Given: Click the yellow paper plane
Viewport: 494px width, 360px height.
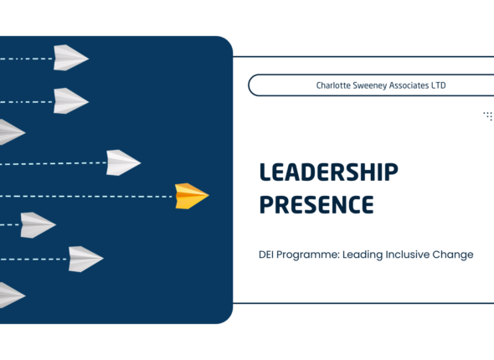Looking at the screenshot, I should pyautogui.click(x=191, y=196).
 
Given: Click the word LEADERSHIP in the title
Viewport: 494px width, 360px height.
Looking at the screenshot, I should pyautogui.click(x=328, y=172).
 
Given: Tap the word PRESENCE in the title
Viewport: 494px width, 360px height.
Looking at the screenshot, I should pyautogui.click(x=316, y=204).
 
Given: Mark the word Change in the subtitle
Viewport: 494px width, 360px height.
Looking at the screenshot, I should pyautogui.click(x=457, y=255).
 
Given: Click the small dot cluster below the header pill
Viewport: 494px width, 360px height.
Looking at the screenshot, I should pyautogui.click(x=488, y=116).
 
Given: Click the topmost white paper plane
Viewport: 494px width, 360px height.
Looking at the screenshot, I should pyautogui.click(x=71, y=57).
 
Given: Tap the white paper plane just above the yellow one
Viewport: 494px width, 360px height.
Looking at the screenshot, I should pyautogui.click(x=122, y=162).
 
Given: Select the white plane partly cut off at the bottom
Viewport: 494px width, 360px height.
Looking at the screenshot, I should pyautogui.click(x=10, y=295).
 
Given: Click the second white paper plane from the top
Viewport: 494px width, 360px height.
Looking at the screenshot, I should pyautogui.click(x=71, y=100).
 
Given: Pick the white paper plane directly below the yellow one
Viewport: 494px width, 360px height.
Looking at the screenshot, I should pyautogui.click(x=38, y=224).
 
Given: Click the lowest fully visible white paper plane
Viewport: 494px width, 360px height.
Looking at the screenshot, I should pyautogui.click(x=85, y=258).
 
